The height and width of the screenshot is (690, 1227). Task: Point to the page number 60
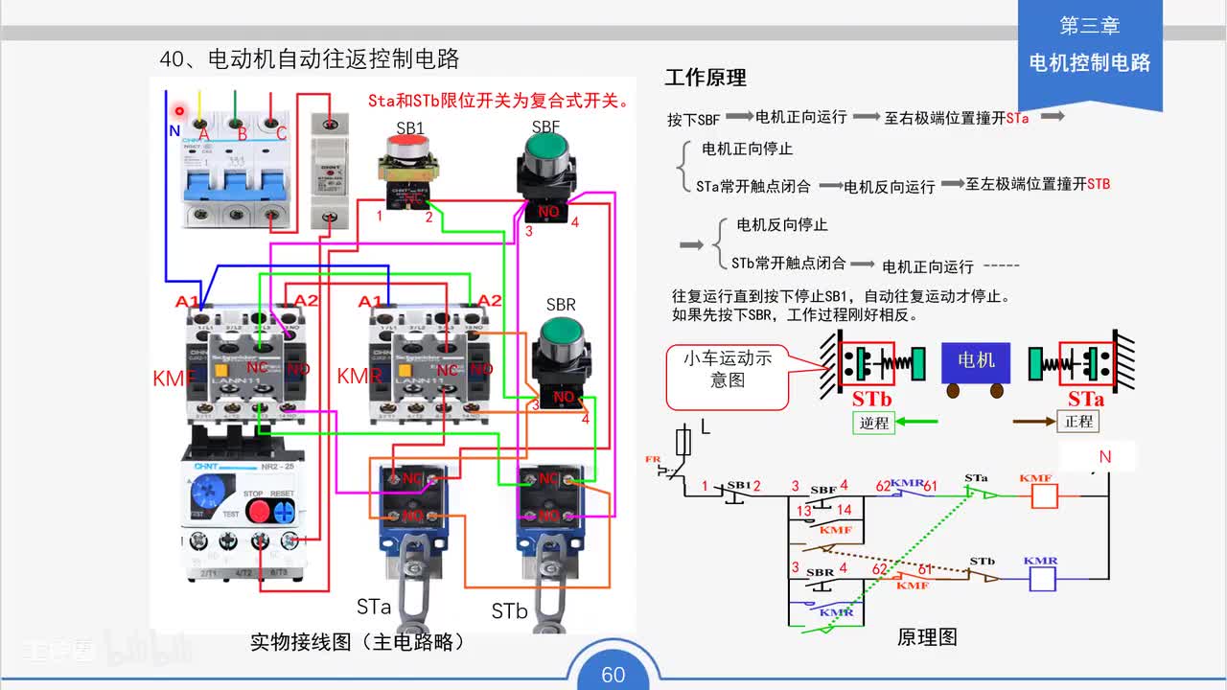click(x=613, y=675)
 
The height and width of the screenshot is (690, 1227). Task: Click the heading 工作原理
click(x=706, y=78)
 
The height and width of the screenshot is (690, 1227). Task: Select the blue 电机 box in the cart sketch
click(x=976, y=360)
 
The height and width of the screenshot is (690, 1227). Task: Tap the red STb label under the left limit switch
click(x=871, y=399)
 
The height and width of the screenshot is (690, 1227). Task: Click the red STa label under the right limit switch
click(x=1086, y=399)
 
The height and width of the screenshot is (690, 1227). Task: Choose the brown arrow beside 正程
click(x=1033, y=421)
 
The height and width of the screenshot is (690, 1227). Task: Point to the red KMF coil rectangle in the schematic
click(x=1043, y=495)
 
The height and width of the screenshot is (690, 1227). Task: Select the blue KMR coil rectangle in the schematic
click(x=1041, y=578)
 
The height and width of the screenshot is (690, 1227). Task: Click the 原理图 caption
click(x=927, y=637)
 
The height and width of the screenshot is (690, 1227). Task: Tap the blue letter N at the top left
click(x=174, y=131)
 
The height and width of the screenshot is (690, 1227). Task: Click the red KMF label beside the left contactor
click(x=173, y=379)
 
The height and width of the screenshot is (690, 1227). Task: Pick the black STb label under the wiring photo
click(x=509, y=611)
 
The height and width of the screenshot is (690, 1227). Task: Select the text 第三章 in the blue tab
click(x=1089, y=27)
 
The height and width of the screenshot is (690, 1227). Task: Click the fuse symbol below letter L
click(x=683, y=443)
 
